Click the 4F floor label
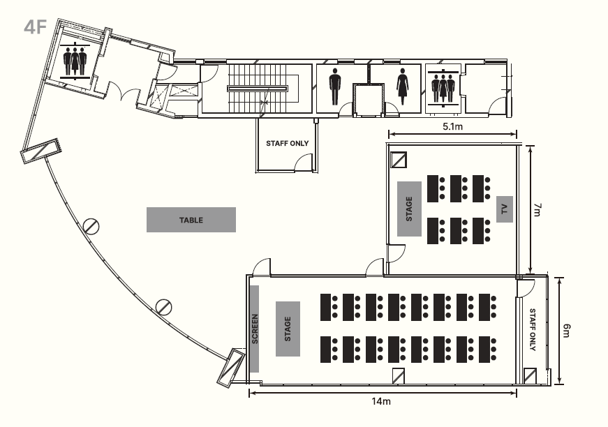click(x=34, y=27)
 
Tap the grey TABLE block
click(x=191, y=220)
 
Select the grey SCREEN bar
click(x=255, y=329)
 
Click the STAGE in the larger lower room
click(x=288, y=329)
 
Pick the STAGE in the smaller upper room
click(x=409, y=209)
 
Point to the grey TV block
click(x=504, y=209)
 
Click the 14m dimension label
click(x=381, y=402)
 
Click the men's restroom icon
click(x=335, y=87)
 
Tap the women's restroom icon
click(x=402, y=87)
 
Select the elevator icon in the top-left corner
click(x=74, y=60)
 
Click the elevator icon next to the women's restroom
click(x=443, y=87)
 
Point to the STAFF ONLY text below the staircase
click(x=287, y=143)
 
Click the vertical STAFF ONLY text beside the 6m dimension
click(x=533, y=329)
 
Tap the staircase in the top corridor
click(x=258, y=88)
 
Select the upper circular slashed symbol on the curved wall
click(x=90, y=226)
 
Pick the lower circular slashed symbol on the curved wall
click(x=164, y=306)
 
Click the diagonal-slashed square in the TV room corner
click(x=399, y=160)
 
